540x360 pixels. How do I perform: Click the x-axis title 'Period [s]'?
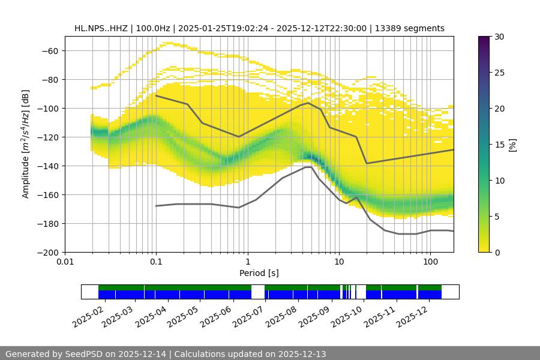tap(259, 274)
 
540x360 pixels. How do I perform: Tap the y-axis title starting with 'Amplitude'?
tap(26, 144)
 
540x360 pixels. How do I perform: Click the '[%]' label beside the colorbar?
tap(512, 145)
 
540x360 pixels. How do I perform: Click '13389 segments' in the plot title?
tap(410, 28)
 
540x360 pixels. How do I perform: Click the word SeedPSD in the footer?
tap(85, 354)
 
